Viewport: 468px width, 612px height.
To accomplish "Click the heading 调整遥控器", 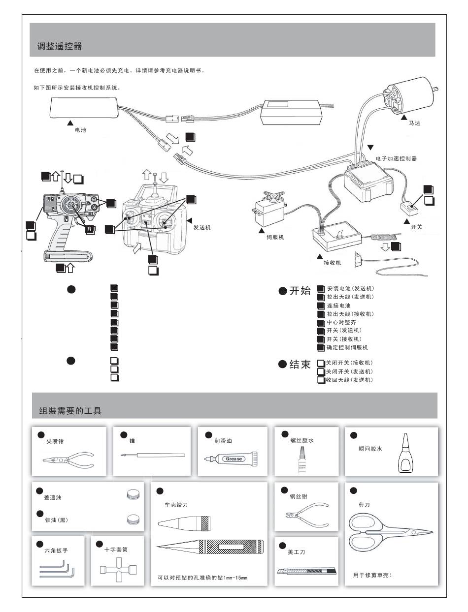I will point(60,47).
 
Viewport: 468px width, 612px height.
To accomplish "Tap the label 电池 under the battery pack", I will point(80,130).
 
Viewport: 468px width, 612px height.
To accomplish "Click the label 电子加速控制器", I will point(396,158).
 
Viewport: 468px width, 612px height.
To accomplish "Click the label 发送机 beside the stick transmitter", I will point(202,227).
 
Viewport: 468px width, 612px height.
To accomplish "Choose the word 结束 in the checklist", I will point(300,365).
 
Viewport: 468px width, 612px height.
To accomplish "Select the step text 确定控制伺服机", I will point(347,348).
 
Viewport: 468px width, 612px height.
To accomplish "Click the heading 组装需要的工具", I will point(70,410).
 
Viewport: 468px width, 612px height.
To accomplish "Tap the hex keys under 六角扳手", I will point(57,572).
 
